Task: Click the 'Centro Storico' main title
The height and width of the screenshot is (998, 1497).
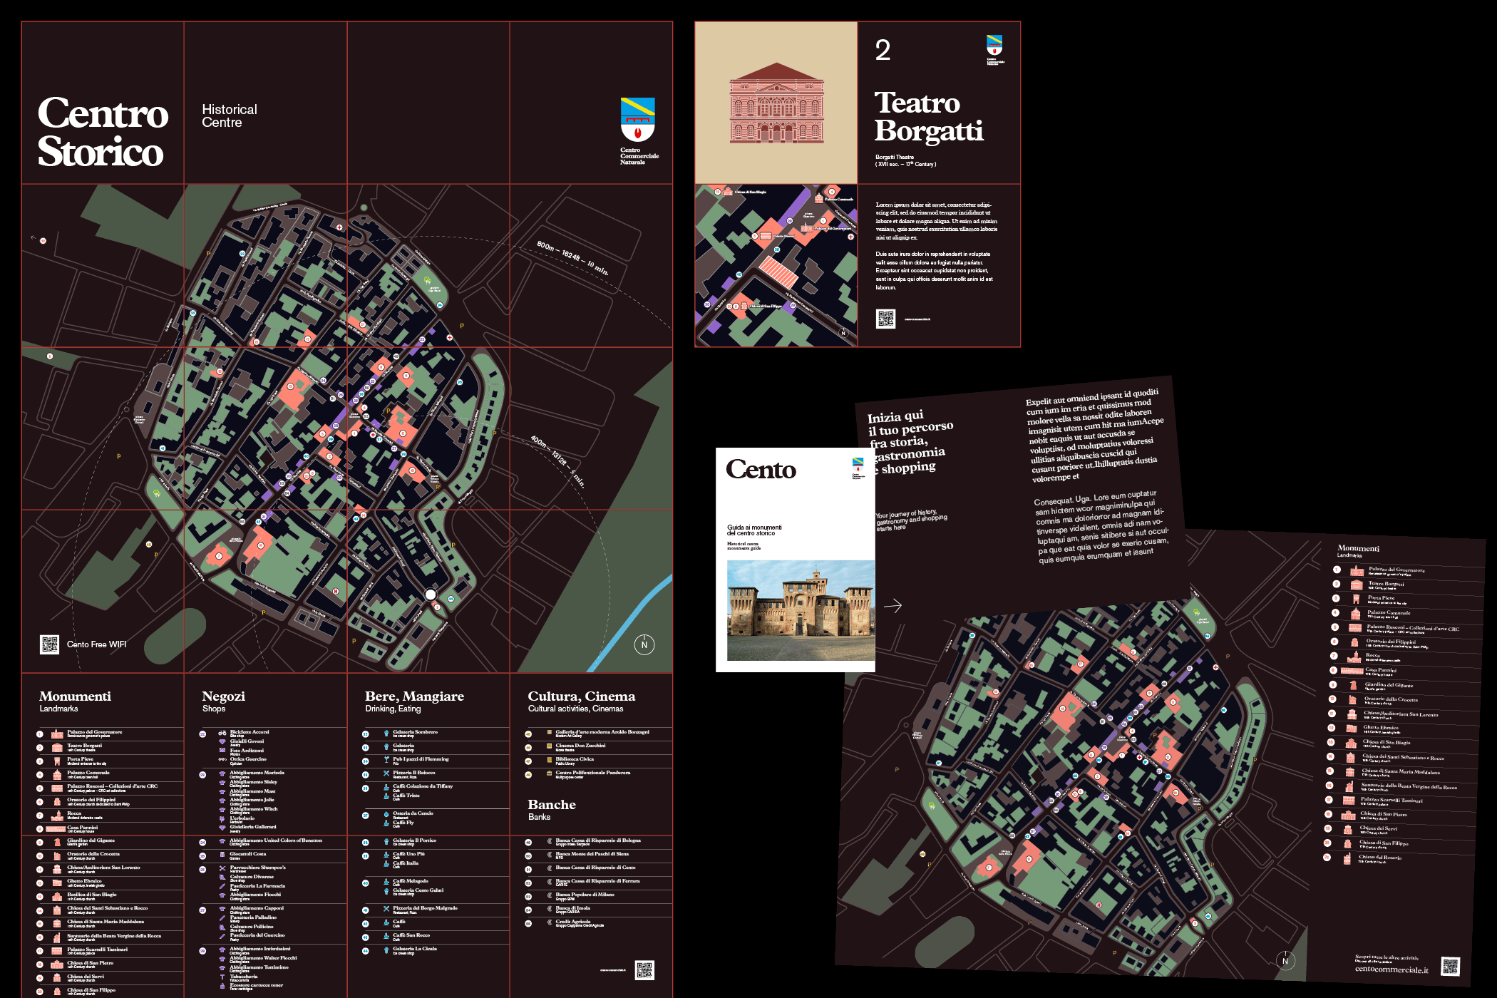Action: coord(103,133)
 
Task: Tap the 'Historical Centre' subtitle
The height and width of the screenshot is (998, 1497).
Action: coord(229,115)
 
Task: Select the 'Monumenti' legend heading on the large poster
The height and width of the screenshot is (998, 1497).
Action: coord(75,696)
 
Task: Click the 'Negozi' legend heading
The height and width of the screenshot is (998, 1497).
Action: coord(223,696)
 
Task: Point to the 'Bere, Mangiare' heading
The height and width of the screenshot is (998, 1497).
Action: coord(414,696)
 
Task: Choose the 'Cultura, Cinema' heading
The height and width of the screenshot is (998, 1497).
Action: coord(581,696)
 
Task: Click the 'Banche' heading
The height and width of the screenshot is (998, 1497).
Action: coord(551,805)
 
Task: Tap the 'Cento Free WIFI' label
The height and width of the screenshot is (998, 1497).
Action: coord(96,644)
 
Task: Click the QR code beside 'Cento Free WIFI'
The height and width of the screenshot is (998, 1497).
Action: coord(49,644)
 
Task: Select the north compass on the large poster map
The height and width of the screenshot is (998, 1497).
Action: coord(644,644)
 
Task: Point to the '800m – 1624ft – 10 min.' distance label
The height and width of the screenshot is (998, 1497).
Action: coord(572,258)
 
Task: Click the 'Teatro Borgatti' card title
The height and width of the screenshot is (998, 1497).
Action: coord(928,117)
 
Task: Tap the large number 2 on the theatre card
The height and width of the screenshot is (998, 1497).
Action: coord(883,50)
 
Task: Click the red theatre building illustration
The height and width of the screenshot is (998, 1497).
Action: coord(776,103)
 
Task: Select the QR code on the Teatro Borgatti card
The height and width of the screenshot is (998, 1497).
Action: coord(885,319)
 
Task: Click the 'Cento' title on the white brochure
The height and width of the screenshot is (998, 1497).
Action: coord(761,470)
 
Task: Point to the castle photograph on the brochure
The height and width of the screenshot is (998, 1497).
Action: coord(800,610)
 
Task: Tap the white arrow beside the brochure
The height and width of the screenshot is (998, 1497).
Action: coord(892,606)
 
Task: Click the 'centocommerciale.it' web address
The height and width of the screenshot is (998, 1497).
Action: coord(1391,969)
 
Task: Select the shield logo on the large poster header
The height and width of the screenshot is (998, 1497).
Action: coord(637,119)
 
